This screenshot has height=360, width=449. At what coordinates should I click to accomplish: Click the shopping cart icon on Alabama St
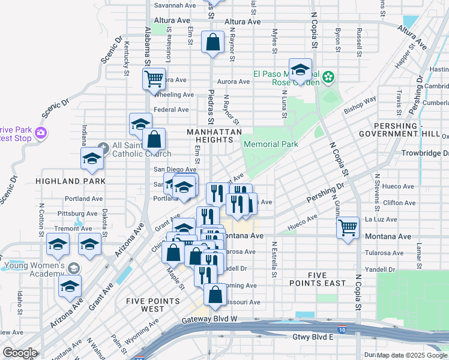coord(154,78)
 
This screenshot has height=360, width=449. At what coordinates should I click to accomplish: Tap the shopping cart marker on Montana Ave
coord(348,228)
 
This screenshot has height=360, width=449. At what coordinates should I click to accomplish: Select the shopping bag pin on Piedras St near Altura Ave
coord(212,43)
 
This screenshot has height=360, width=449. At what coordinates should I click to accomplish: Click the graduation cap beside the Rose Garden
coord(300,70)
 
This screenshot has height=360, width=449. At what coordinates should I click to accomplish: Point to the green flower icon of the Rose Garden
coord(328,77)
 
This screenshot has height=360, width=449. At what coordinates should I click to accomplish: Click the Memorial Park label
coord(270,145)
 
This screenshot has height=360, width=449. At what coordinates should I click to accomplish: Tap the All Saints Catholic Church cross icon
coord(103,146)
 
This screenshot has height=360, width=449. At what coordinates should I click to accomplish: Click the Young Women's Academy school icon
coord(74,268)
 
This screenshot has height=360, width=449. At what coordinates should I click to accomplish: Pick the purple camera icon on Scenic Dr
coord(40,133)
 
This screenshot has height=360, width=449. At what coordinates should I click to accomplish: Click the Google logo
coord(20,353)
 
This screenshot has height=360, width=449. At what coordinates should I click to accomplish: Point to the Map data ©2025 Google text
coord(411,355)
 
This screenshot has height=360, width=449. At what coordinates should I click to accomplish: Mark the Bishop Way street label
coord(360,105)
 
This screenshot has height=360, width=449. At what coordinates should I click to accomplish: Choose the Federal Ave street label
coord(172,110)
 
